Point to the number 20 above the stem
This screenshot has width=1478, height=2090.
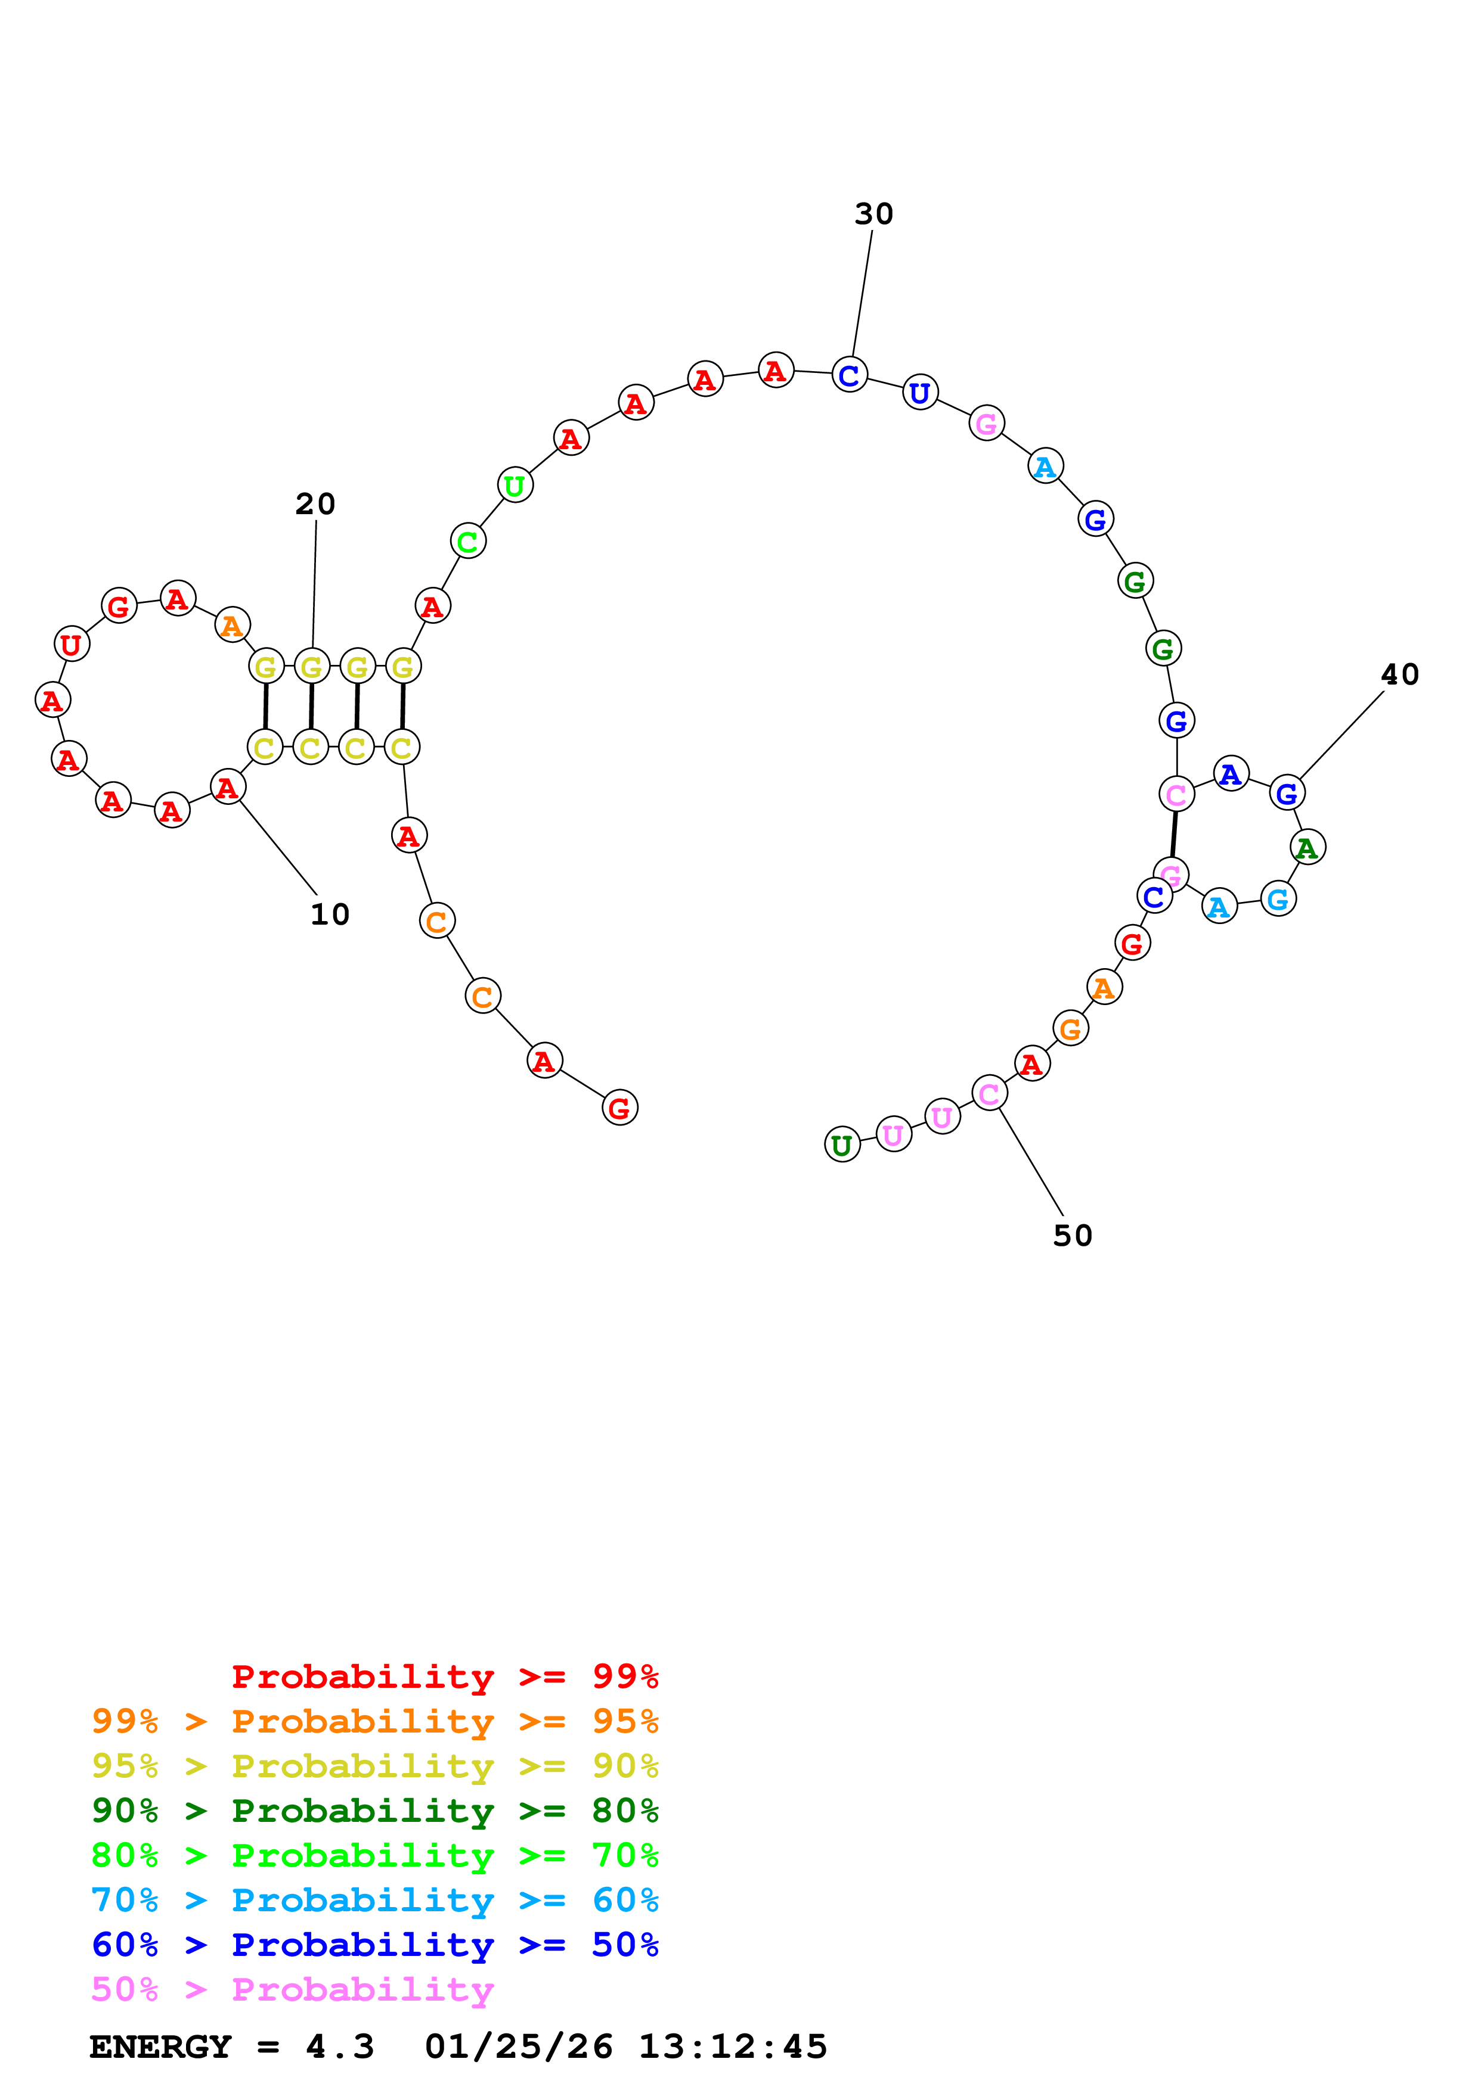click(x=315, y=504)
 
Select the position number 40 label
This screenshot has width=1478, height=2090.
click(x=1400, y=674)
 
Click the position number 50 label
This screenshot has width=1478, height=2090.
click(x=1072, y=1235)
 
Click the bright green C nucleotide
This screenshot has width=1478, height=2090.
click(x=468, y=542)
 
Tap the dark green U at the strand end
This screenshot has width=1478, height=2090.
click(x=842, y=1144)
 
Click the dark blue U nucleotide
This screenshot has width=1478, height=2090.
click(x=921, y=393)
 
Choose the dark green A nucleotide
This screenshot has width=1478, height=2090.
click(x=1307, y=847)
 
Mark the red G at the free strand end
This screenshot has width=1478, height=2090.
click(x=620, y=1108)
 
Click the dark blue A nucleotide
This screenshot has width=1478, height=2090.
click(x=1231, y=774)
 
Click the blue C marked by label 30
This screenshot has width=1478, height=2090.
click(x=850, y=374)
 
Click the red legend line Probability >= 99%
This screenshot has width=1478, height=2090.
click(x=444, y=1677)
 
